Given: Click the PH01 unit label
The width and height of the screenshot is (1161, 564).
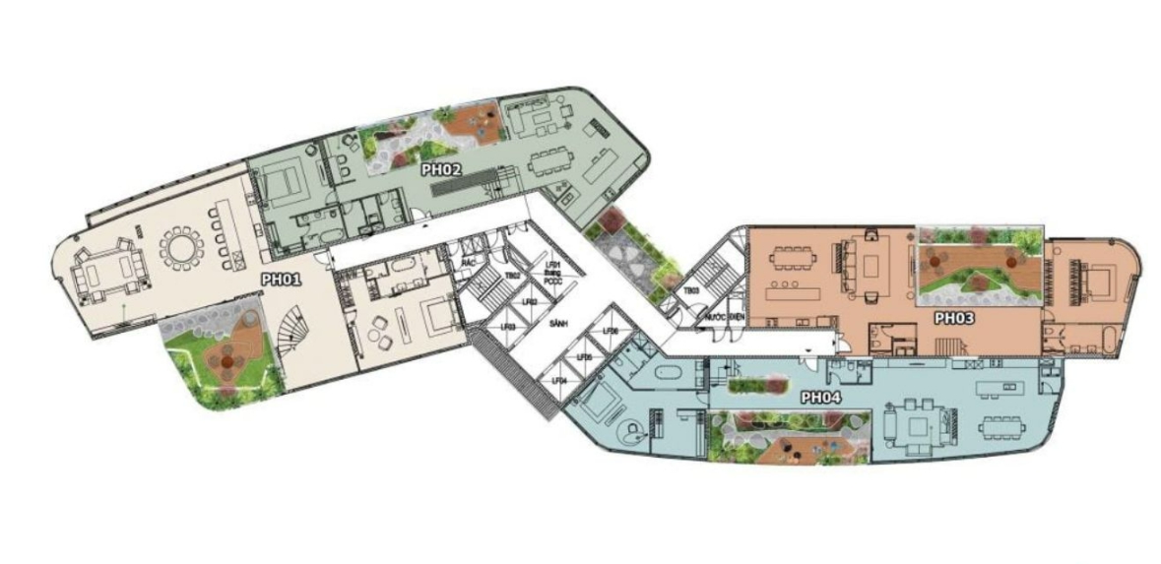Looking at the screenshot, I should tap(280, 280).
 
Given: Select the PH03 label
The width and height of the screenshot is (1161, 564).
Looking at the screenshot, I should tap(953, 318).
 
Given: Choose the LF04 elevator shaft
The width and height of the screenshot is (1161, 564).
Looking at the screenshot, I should tap(559, 380).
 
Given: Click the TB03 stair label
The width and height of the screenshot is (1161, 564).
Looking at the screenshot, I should tap(692, 290).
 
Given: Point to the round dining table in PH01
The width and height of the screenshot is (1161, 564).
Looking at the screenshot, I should tap(180, 248).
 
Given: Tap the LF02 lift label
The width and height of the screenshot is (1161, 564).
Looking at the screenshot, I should tap(531, 302).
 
